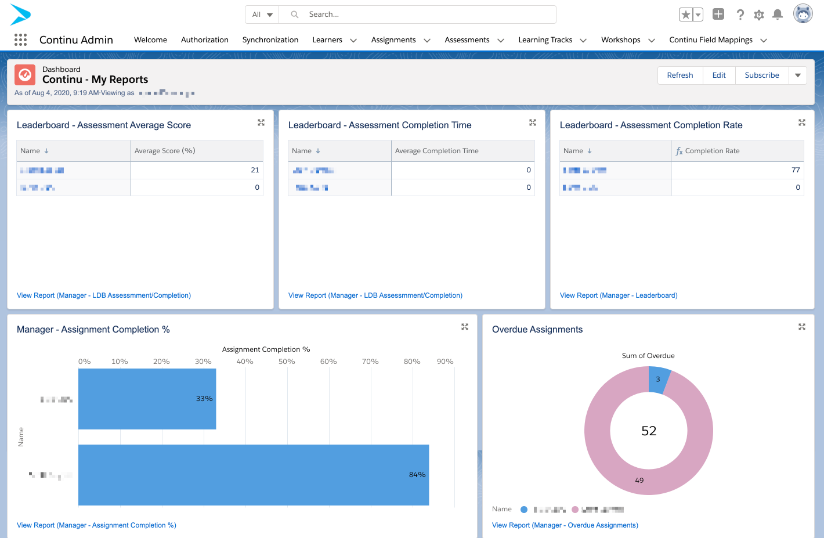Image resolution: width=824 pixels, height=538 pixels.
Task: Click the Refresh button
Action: (x=680, y=75)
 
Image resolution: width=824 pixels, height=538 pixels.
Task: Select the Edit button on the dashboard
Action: (x=719, y=75)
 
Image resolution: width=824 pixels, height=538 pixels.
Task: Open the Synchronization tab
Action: (x=270, y=40)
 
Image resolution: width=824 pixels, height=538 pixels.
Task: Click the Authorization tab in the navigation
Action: (x=204, y=40)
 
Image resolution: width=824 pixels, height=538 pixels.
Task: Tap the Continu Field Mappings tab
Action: (x=710, y=40)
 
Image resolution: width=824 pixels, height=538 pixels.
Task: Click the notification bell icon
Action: (x=778, y=15)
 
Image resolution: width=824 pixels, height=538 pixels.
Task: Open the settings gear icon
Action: (x=758, y=15)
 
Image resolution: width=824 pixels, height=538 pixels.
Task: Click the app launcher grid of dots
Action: (x=20, y=39)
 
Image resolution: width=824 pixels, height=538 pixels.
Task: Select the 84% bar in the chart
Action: (x=254, y=475)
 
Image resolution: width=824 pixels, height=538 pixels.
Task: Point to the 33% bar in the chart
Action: (x=147, y=399)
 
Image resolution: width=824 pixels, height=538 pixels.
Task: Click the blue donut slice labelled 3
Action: (x=659, y=380)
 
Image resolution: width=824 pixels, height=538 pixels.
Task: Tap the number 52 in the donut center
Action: (x=649, y=431)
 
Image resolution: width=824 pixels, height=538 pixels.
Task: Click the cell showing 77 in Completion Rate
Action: (x=737, y=170)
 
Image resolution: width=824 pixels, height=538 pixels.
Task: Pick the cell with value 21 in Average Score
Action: (x=197, y=170)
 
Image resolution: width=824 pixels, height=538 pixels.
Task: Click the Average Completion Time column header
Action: (x=437, y=151)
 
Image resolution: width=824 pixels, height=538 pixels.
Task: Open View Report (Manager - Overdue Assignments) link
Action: (x=565, y=525)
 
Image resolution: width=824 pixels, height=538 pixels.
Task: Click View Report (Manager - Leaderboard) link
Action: (x=619, y=295)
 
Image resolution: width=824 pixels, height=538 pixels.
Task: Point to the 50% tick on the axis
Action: (x=287, y=362)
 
